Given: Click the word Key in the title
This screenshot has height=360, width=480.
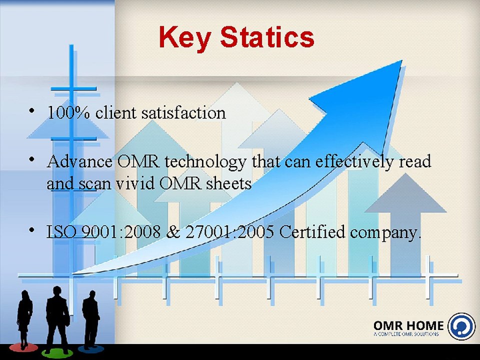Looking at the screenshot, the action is pyautogui.click(x=185, y=38).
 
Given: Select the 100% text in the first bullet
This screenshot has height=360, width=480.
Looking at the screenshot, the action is pyautogui.click(x=69, y=112).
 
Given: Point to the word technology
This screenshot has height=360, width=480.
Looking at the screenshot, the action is pyautogui.click(x=205, y=162).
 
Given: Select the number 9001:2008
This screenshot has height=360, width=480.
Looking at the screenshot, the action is pyautogui.click(x=121, y=231).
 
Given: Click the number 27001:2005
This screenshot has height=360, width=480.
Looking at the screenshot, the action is pyautogui.click(x=229, y=231).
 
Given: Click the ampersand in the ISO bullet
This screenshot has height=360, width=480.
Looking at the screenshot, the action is pyautogui.click(x=173, y=231).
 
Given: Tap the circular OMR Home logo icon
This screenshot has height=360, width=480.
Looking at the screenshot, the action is pyautogui.click(x=461, y=326).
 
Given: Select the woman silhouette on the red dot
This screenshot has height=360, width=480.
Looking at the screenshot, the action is pyautogui.click(x=24, y=318).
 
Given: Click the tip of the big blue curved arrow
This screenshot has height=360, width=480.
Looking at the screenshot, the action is pyautogui.click(x=401, y=60).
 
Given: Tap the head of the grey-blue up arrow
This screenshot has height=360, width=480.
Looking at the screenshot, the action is pyautogui.click(x=405, y=193).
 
